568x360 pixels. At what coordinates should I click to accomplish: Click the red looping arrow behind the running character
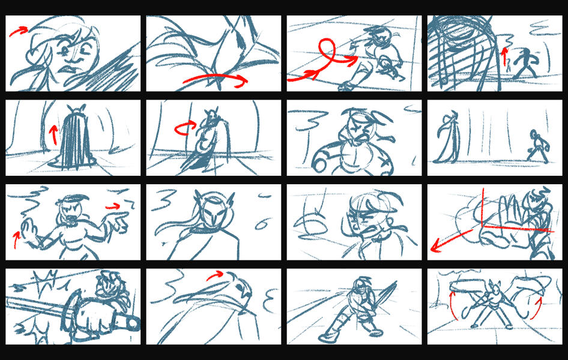click(x=325, y=54)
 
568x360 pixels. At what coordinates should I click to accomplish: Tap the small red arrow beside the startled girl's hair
click(x=19, y=31)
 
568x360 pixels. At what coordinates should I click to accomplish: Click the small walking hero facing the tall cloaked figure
click(x=535, y=145)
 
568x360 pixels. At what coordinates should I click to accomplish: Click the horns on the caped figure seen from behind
click(x=74, y=108)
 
